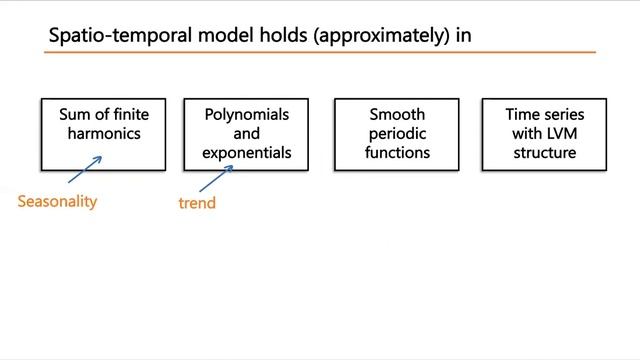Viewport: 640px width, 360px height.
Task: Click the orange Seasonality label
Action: point(57,201)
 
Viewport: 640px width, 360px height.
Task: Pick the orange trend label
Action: point(197,203)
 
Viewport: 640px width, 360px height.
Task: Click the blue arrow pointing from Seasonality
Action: point(84,169)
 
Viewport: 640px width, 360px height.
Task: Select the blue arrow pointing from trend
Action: point(216,177)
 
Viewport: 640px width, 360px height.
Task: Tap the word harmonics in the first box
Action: point(103,134)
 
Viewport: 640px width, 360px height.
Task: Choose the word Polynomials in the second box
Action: point(246,115)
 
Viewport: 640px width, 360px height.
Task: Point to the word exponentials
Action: point(246,153)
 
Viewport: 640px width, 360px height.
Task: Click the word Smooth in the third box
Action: point(396,115)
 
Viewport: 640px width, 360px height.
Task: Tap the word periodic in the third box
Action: point(396,134)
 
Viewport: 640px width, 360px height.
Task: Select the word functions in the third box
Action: point(396,153)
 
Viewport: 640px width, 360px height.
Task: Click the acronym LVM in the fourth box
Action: point(561,134)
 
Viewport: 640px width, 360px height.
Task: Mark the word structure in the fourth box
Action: point(545,153)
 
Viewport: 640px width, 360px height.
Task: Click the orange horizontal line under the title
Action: point(320,52)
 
